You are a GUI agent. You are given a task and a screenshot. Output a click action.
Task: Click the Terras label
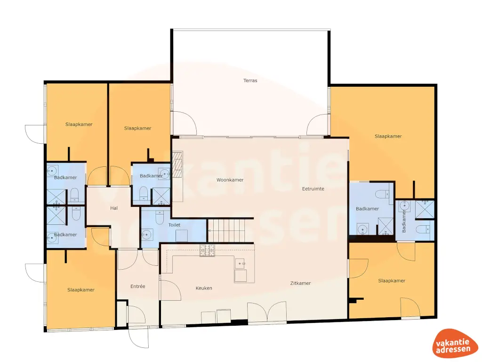point(250,81)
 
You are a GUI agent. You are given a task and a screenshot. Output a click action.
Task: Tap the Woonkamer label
point(230,180)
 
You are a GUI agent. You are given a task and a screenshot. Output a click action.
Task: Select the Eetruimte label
point(313,189)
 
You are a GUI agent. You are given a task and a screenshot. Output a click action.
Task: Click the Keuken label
point(204,288)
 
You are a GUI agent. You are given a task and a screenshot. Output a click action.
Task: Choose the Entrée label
point(137,287)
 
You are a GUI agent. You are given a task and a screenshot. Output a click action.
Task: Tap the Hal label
point(113,208)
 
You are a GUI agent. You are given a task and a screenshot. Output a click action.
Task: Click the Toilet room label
point(174,225)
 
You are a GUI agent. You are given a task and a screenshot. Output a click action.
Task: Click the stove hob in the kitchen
point(207,250)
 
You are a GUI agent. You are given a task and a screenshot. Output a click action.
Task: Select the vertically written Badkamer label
point(403,221)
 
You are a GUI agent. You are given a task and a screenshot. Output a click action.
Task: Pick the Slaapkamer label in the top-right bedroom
point(388,136)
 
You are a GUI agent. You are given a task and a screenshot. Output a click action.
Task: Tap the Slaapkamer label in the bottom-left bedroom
point(80,290)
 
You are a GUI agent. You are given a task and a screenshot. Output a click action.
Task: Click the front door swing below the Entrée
point(138,336)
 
